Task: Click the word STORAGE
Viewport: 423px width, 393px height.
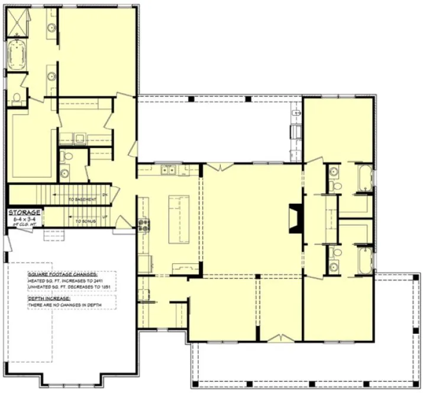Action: [25, 212]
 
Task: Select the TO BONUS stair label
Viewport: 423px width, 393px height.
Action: [85, 221]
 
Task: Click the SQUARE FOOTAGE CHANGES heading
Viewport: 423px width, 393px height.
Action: [62, 275]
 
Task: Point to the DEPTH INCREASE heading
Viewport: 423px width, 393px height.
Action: [49, 298]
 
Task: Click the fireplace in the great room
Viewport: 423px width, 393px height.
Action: [293, 220]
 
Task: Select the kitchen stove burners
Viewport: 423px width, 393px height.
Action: [143, 225]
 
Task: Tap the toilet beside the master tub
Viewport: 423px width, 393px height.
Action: [17, 97]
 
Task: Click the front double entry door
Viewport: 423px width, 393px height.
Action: [277, 338]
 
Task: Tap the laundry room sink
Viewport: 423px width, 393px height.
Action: [79, 139]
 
